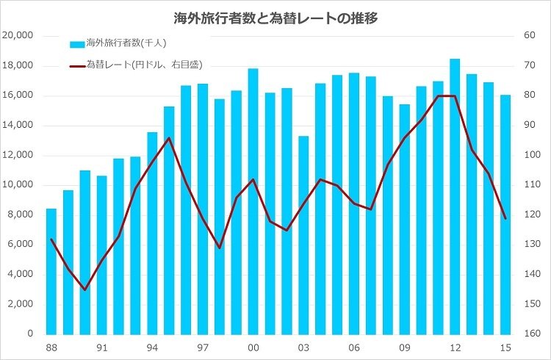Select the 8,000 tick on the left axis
click(21, 215)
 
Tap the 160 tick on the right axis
click(530, 334)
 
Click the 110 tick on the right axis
click(530, 185)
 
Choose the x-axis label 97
click(203, 348)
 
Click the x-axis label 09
click(404, 348)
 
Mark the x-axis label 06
click(353, 348)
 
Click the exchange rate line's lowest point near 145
click(84, 289)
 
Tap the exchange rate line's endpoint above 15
click(505, 217)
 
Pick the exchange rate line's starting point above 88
click(51, 240)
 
